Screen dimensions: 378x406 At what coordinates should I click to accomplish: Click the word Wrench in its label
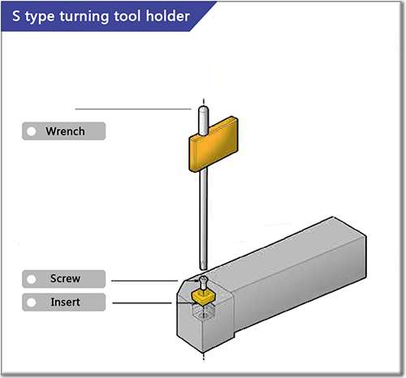[66, 131]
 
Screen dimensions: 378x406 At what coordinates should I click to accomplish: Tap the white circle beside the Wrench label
[32, 131]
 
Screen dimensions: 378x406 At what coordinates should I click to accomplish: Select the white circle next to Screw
[32, 278]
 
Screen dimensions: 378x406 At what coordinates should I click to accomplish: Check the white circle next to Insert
[32, 302]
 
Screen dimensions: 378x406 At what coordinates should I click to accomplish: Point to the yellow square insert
[200, 299]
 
